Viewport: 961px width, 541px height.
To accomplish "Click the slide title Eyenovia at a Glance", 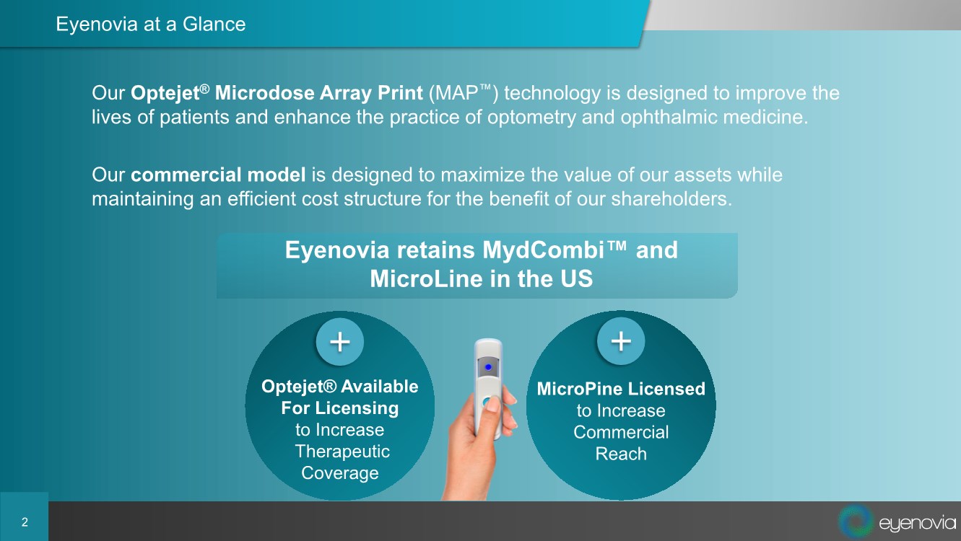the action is [x=151, y=24].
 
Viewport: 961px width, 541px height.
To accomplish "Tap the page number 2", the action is [x=25, y=522].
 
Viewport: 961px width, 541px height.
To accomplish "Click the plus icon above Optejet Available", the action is [x=340, y=342].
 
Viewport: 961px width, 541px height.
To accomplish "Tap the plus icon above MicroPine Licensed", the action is [x=621, y=341].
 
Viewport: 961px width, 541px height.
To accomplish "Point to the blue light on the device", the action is [x=488, y=367].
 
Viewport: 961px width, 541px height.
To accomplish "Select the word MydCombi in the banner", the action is [x=543, y=250].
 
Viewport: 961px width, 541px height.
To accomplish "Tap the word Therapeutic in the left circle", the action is [x=342, y=452].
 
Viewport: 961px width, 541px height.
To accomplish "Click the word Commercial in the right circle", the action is [x=621, y=432].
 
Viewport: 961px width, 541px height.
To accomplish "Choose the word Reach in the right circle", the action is [x=621, y=454].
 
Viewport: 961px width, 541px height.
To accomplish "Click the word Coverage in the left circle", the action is [x=340, y=473].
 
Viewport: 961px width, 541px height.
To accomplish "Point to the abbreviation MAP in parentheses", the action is [x=456, y=93].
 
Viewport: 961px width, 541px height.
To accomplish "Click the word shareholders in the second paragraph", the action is [x=671, y=199].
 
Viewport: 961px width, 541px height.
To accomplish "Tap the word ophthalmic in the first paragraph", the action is [x=669, y=117].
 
